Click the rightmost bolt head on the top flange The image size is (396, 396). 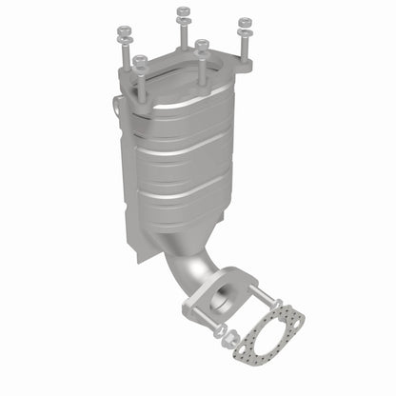[x=245, y=22]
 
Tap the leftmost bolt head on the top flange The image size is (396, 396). [x=125, y=31]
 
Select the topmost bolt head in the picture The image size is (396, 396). [x=183, y=11]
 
